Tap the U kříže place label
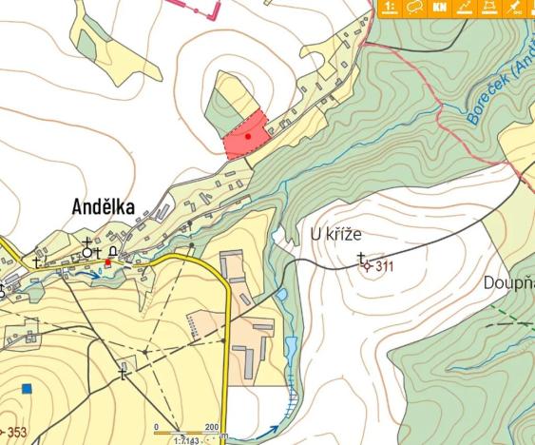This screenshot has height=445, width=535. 336,234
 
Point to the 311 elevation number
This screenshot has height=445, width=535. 384,267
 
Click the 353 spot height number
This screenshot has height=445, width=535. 17,434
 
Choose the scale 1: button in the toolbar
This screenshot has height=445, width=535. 390,8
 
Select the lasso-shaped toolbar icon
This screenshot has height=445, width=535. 414,8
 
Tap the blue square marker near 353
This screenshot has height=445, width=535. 28,388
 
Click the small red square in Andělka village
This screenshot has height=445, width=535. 107,261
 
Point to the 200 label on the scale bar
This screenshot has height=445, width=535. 211,427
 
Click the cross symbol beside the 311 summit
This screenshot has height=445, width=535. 361,258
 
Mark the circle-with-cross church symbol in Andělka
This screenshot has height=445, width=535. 87,252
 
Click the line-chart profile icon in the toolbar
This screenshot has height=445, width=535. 464,8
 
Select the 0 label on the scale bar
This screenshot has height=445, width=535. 157,427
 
